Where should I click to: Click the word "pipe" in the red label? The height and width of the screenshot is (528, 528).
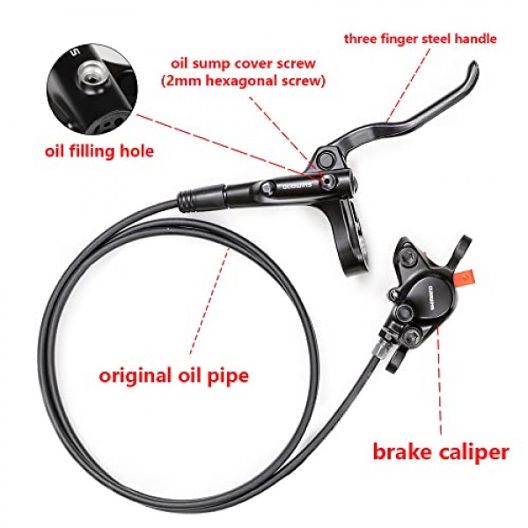[x=226, y=377]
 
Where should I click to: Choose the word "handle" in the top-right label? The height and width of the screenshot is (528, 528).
[x=474, y=39]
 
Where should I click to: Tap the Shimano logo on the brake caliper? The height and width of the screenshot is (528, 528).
[x=429, y=295]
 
